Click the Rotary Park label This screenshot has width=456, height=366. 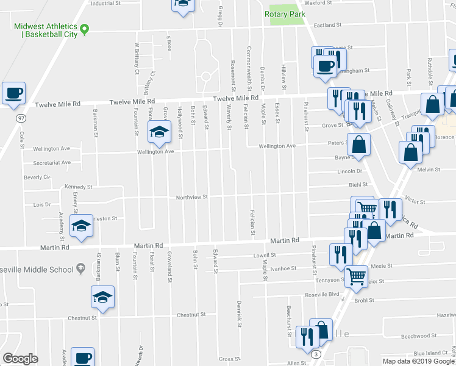(x=285, y=13)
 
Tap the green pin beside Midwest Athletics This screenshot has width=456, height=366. (x=85, y=29)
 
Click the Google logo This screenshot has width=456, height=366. (x=20, y=359)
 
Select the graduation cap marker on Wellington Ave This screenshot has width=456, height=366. (x=159, y=132)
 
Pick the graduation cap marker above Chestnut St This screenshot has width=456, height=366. (x=103, y=298)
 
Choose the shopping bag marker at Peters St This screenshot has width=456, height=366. (x=360, y=145)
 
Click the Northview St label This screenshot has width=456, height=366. (x=192, y=197)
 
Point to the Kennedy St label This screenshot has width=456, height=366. (x=78, y=187)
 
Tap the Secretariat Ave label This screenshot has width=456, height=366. (x=52, y=163)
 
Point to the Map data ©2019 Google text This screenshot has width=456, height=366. (x=418, y=361)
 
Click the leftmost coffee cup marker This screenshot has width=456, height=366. (x=13, y=93)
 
